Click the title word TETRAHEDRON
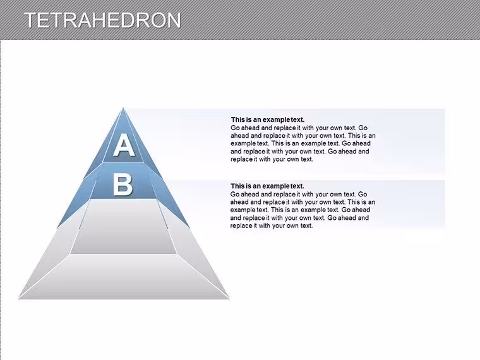click(x=102, y=20)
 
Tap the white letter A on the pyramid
click(x=124, y=145)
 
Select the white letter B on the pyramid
click(x=123, y=184)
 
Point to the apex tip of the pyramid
click(x=123, y=107)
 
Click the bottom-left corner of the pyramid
click(x=19, y=298)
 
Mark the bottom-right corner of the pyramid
click(x=229, y=298)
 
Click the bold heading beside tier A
click(x=268, y=120)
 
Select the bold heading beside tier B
click(x=267, y=186)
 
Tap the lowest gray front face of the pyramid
click(x=124, y=277)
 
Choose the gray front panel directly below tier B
click(x=124, y=227)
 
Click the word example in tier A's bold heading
click(x=276, y=120)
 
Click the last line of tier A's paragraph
click(x=272, y=159)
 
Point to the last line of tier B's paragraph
click(x=272, y=225)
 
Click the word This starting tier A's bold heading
click(x=237, y=120)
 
